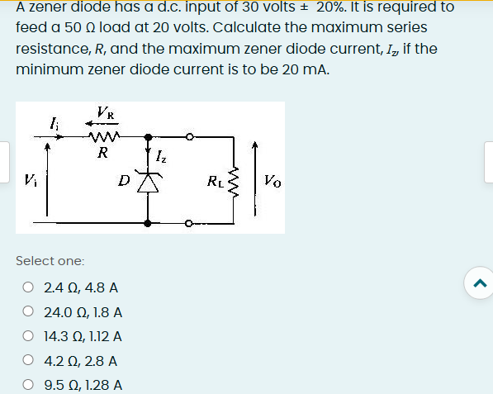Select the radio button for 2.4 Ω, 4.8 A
click(x=28, y=288)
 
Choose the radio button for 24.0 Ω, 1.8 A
click(x=28, y=313)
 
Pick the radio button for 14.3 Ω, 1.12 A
click(x=28, y=337)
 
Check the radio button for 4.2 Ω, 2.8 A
click(x=28, y=361)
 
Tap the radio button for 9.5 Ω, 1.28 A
click(x=28, y=385)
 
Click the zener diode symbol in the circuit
click(x=149, y=183)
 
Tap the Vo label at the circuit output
click(x=273, y=180)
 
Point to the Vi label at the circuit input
click(x=31, y=178)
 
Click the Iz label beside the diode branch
click(x=164, y=154)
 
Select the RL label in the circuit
click(x=215, y=180)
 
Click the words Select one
click(x=50, y=260)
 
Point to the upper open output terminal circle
click(x=188, y=137)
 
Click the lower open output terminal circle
click(x=188, y=221)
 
